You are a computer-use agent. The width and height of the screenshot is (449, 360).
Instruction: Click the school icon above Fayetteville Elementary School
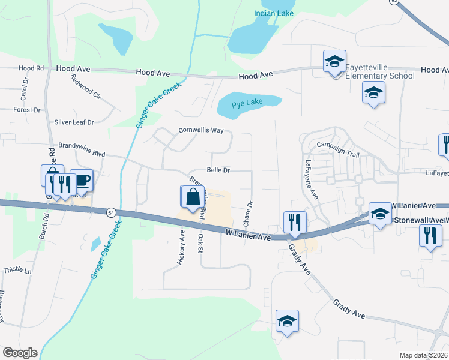click(x=334, y=62)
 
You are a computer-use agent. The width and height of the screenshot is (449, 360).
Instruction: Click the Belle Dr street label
click(x=218, y=170)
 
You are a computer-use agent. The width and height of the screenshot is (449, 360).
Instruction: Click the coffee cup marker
click(x=82, y=181)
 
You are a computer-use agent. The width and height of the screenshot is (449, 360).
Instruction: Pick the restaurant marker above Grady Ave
click(x=295, y=223)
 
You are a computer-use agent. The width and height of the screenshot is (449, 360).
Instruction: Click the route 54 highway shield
click(x=111, y=212)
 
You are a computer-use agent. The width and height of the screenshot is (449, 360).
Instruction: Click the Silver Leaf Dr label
click(x=74, y=122)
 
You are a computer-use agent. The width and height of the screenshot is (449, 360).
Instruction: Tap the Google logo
click(x=20, y=353)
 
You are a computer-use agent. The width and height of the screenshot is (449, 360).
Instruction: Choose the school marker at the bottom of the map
click(x=288, y=322)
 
